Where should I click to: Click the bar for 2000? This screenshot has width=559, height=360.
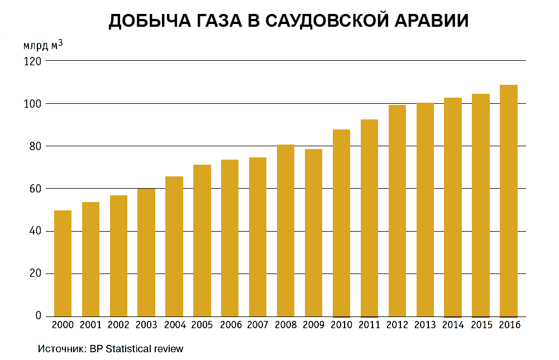point(63,263)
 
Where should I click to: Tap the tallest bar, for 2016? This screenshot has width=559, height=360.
point(509,201)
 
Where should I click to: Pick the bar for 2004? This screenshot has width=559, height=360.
point(174,246)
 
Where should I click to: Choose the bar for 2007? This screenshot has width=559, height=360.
point(257,237)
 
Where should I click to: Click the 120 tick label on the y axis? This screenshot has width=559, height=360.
point(32,61)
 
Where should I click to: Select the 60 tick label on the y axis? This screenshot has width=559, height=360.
point(35,189)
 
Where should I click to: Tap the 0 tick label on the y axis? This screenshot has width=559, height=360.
point(39,316)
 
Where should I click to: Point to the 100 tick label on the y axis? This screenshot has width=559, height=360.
point(32,104)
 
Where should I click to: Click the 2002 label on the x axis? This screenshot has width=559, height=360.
point(118,325)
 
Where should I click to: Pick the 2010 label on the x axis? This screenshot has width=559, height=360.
point(342,325)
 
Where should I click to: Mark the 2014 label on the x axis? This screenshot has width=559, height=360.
point(453,325)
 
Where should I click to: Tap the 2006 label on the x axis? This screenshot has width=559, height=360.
point(230,325)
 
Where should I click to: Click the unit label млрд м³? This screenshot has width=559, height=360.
point(42,45)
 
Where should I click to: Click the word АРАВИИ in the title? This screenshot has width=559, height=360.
point(431,21)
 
